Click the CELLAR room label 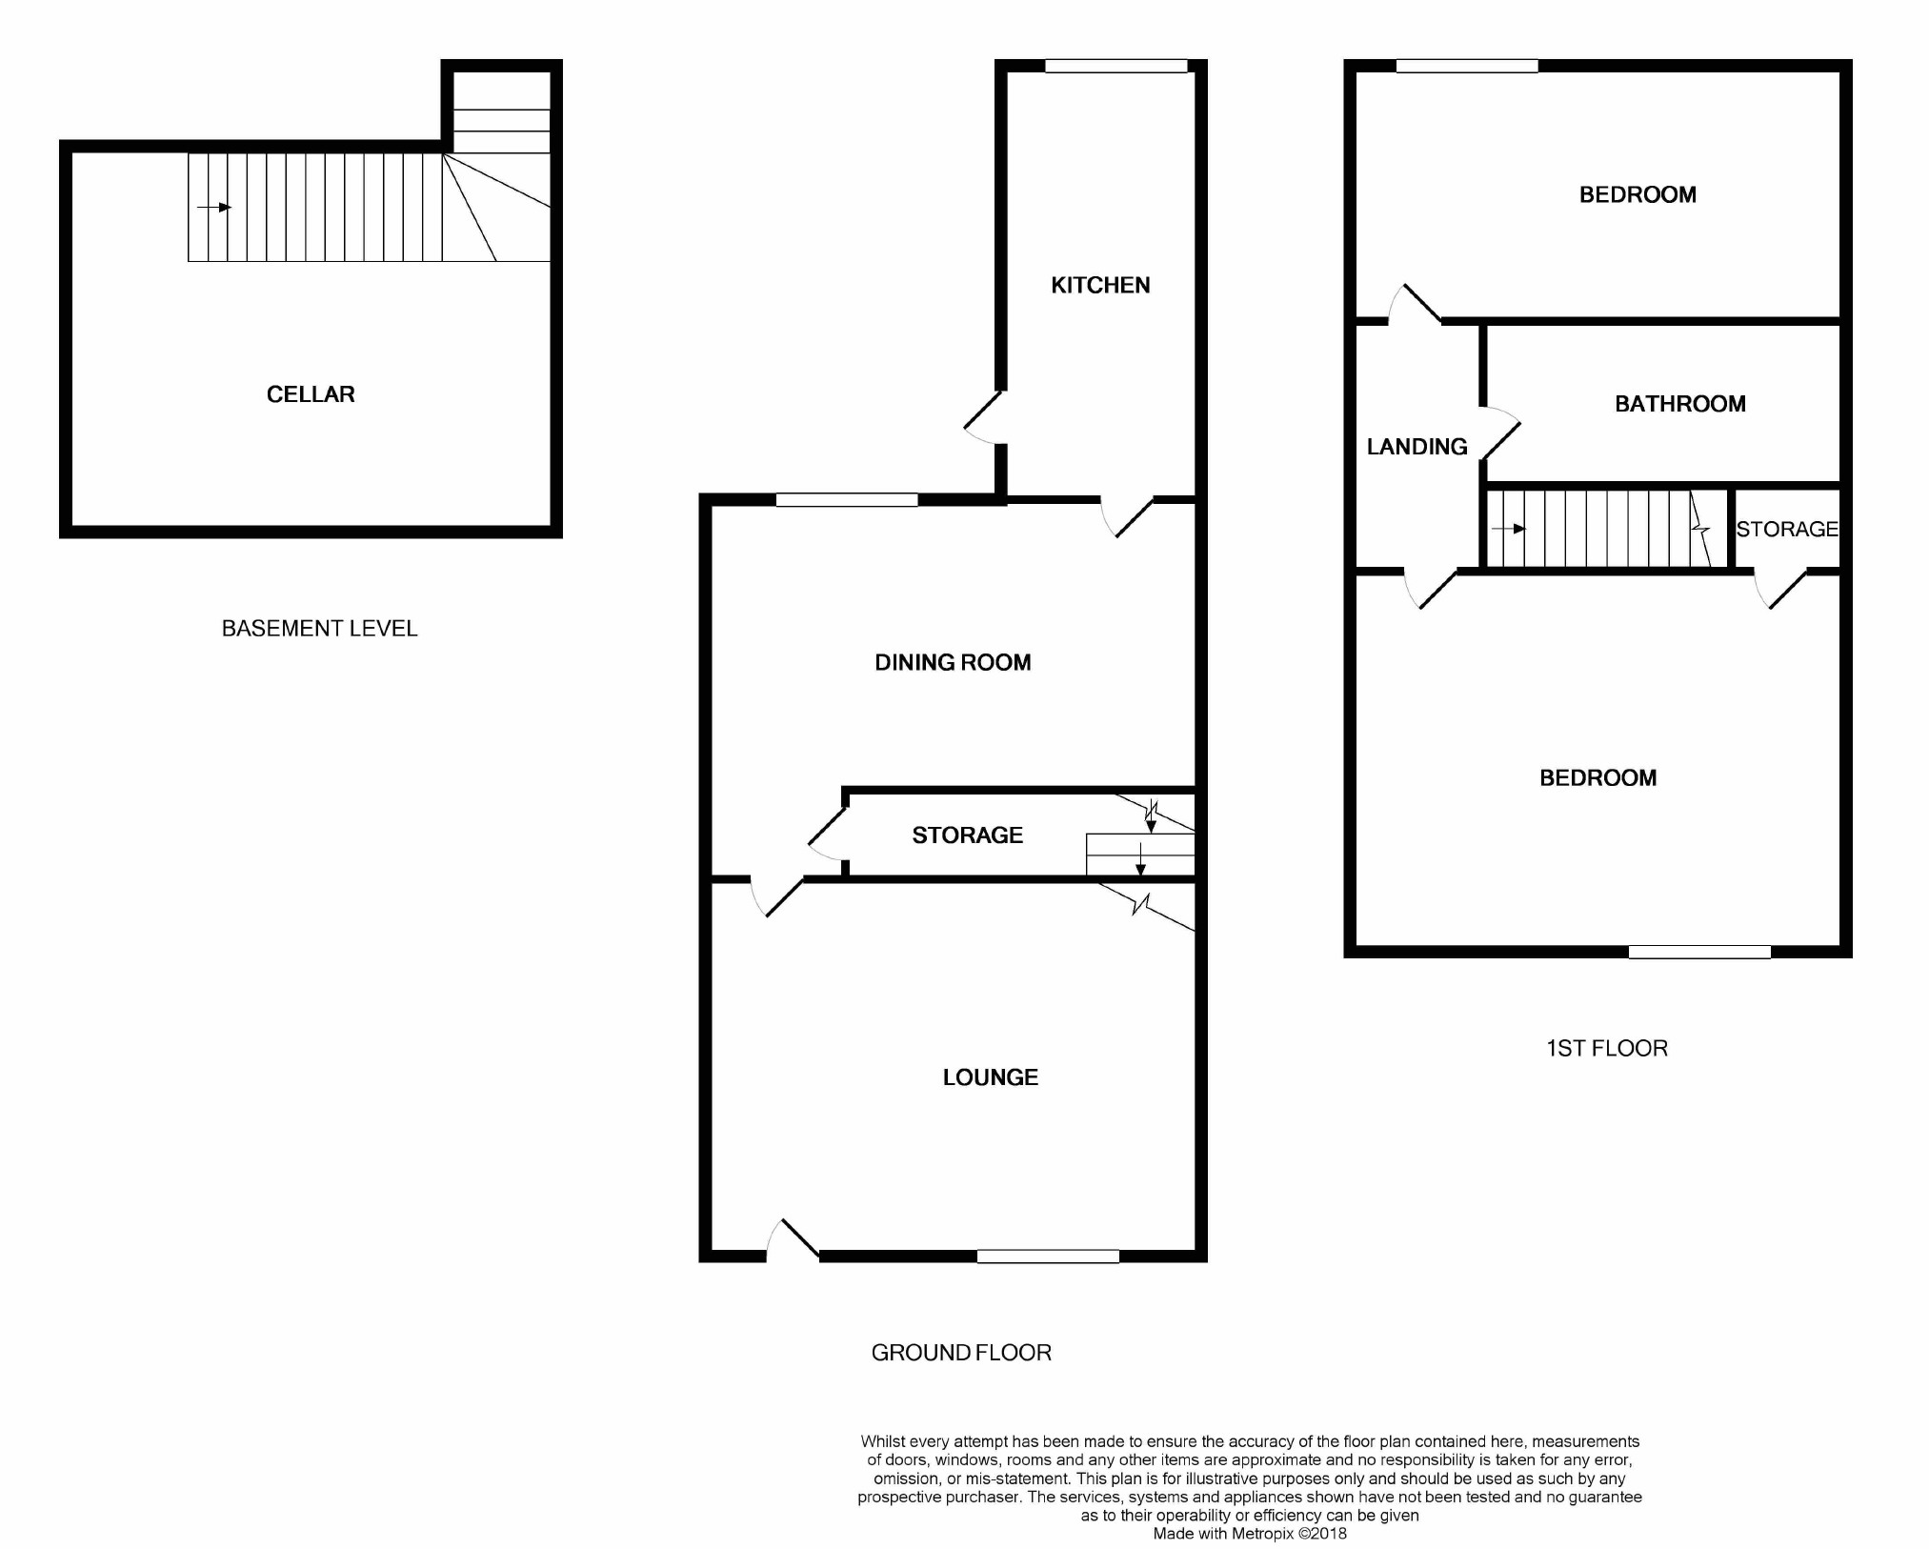311,394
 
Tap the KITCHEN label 1100,285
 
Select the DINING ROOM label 953,662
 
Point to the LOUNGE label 991,1077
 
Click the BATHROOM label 1680,404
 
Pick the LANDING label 1417,447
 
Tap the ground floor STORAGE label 968,835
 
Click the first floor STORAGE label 1787,529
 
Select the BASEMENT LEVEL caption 320,629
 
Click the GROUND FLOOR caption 961,1353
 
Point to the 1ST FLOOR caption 1607,1049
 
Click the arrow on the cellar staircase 214,208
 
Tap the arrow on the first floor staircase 1508,529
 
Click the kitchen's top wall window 1115,66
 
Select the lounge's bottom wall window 1048,1257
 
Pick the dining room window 847,499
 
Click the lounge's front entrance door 794,1239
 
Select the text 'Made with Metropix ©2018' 1250,1534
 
